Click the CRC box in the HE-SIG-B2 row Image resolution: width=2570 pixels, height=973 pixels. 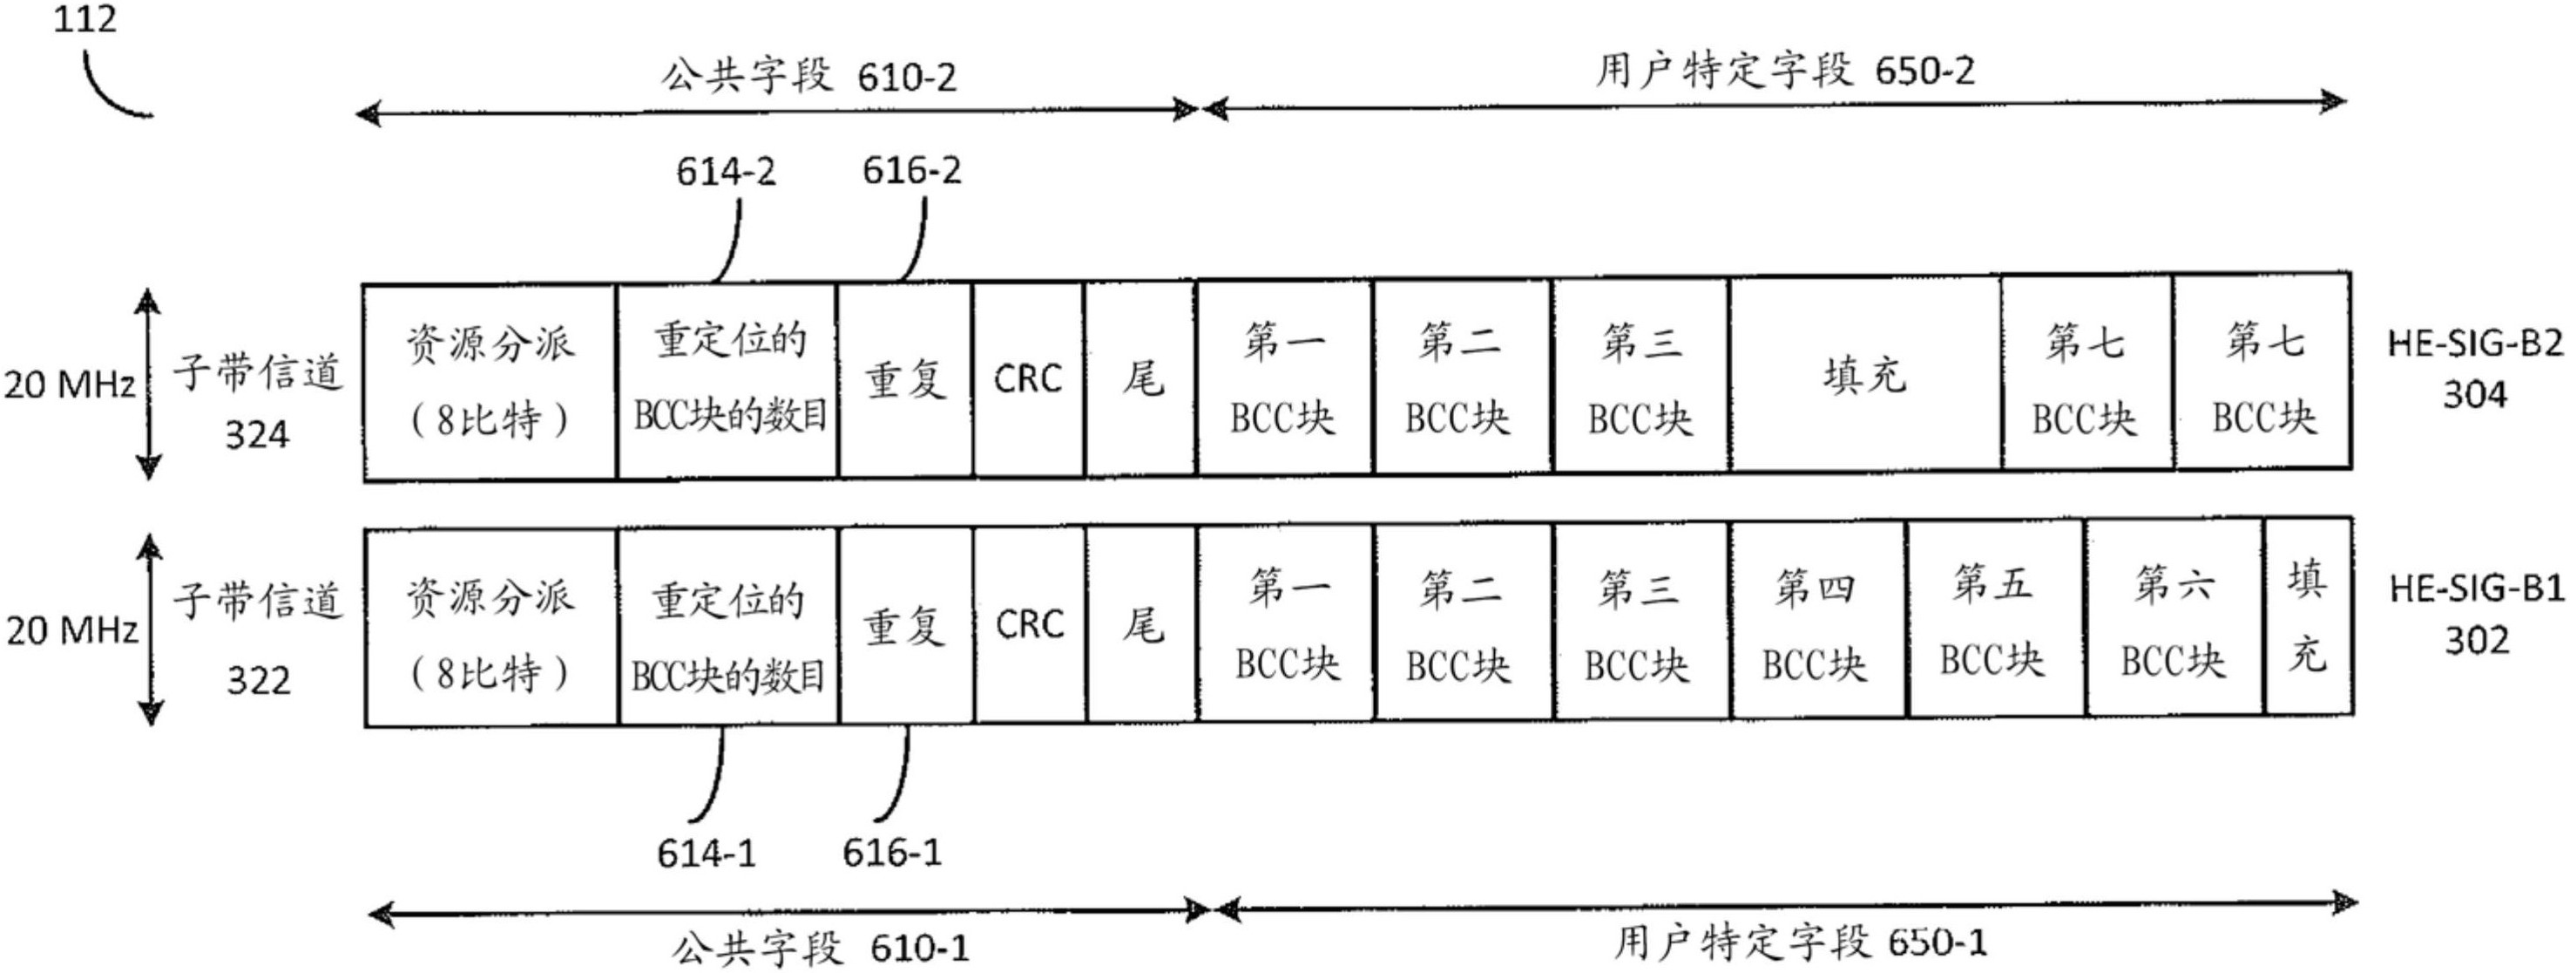click(x=1028, y=379)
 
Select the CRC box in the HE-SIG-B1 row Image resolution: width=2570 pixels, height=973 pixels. click(x=1029, y=625)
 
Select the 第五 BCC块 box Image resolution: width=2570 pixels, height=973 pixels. click(x=1993, y=621)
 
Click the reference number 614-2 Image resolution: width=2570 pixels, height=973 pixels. click(x=726, y=172)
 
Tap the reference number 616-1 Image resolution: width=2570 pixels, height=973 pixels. click(x=892, y=853)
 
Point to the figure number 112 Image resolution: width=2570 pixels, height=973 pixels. click(x=85, y=19)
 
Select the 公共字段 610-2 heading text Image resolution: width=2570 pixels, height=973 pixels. click(x=808, y=76)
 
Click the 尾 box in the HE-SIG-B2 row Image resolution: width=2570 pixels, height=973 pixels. click(x=1140, y=379)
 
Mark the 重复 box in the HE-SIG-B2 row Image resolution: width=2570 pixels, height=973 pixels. click(x=904, y=380)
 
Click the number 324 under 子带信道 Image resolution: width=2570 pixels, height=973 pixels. click(x=256, y=435)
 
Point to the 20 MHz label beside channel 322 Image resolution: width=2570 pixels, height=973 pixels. click(x=71, y=630)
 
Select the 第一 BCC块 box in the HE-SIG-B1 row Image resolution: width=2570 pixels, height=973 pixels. click(x=1286, y=625)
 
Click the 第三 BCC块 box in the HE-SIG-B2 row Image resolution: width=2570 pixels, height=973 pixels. click(x=1640, y=378)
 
